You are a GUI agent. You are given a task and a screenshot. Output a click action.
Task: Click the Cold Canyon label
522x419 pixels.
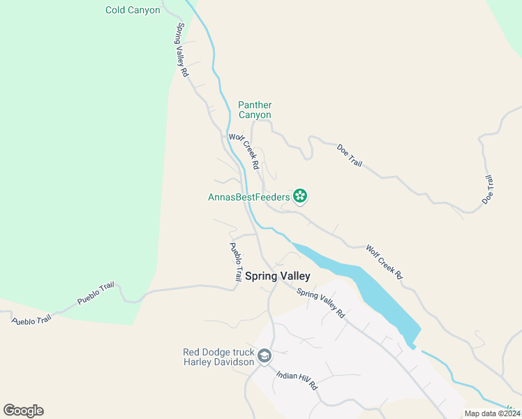click(133, 10)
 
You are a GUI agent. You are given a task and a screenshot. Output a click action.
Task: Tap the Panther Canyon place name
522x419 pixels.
click(255, 110)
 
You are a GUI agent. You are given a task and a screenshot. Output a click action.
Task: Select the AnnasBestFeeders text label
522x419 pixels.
click(248, 197)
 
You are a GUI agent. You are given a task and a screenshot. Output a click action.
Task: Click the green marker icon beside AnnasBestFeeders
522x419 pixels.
click(301, 196)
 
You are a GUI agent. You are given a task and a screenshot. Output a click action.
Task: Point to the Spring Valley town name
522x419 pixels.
click(277, 276)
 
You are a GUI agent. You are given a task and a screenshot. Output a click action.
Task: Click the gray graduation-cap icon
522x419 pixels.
click(264, 357)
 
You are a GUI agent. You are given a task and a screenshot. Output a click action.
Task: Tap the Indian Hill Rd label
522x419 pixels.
click(297, 380)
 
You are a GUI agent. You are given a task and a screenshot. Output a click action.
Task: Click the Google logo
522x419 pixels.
click(23, 411)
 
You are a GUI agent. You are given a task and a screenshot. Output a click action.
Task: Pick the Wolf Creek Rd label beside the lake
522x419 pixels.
click(385, 262)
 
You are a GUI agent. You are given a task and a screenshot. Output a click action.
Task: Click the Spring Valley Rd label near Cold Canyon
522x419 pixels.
click(183, 50)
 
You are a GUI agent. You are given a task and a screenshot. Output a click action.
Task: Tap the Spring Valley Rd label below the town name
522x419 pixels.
click(321, 304)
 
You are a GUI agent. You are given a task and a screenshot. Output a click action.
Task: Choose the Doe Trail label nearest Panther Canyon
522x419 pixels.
click(350, 155)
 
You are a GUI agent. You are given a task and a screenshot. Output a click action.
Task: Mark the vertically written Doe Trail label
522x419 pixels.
click(488, 189)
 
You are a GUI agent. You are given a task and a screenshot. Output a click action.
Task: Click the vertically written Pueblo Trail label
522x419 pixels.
click(236, 261)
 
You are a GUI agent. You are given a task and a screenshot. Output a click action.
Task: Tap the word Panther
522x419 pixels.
click(255, 105)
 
